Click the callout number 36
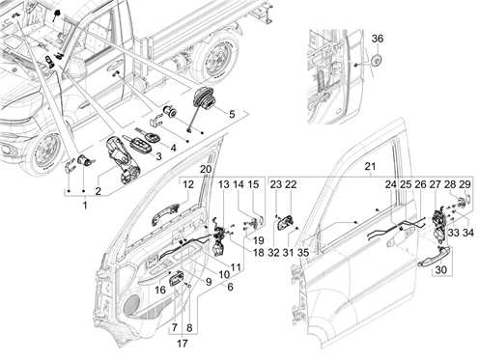click(378, 39)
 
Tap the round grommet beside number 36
click(377, 60)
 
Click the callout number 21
click(370, 167)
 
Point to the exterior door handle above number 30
click(435, 259)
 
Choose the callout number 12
click(188, 184)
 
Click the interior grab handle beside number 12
click(165, 214)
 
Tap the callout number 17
click(183, 344)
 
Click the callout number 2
click(98, 191)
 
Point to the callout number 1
click(85, 205)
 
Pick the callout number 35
click(303, 253)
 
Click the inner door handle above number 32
click(285, 224)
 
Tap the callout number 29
click(465, 184)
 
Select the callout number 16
click(160, 291)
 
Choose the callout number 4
click(173, 148)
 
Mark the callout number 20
click(206, 169)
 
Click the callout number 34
click(468, 233)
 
